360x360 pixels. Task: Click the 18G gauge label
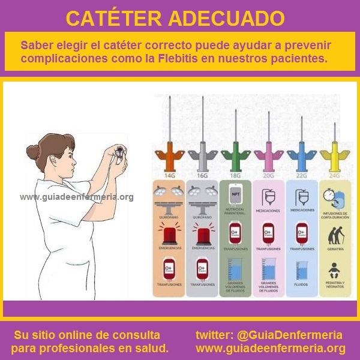[235, 176]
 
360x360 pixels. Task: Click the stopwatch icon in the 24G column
[328, 196]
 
